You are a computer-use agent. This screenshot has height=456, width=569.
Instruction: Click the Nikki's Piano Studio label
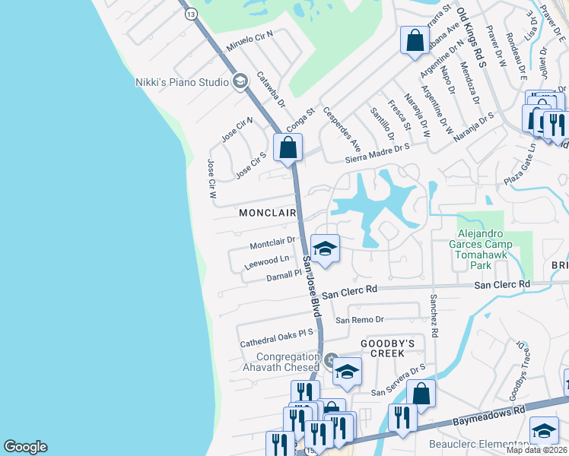[x=181, y=81]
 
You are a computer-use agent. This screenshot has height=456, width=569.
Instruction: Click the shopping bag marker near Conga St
[x=288, y=147]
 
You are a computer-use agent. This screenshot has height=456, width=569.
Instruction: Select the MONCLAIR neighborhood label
[x=267, y=214]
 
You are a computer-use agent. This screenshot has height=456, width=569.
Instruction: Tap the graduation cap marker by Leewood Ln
[x=325, y=250]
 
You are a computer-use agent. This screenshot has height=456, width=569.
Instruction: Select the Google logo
[x=25, y=447]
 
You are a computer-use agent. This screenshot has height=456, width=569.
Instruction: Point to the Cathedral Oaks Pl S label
[x=277, y=338]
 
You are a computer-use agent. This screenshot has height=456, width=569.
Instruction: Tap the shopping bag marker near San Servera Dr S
[x=421, y=394]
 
